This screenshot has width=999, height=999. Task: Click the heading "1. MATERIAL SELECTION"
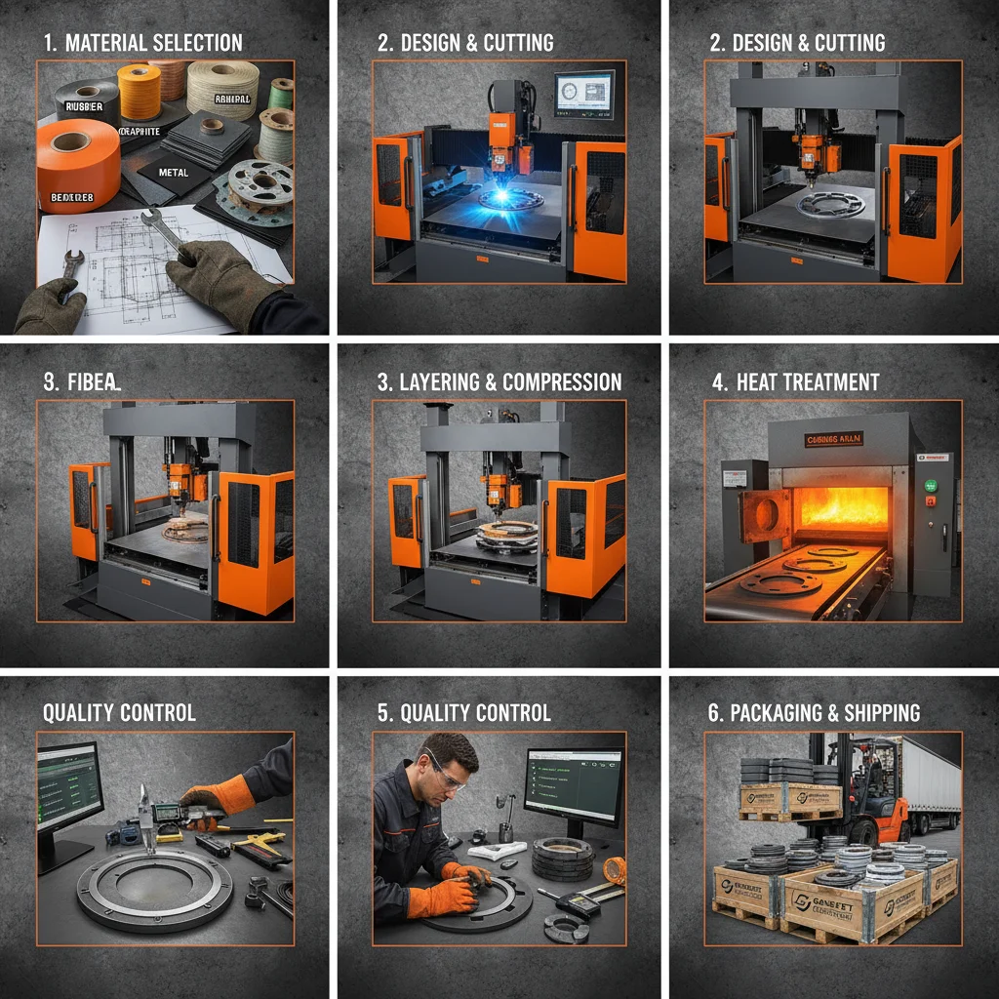coord(142,43)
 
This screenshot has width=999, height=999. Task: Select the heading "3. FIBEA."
coord(82,381)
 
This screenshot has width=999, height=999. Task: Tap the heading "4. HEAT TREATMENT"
coord(795,381)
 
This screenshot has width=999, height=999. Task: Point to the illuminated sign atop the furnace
coord(834,440)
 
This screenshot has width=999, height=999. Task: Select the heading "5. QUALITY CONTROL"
coord(463,713)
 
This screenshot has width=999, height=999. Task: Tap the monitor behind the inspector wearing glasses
coord(573,785)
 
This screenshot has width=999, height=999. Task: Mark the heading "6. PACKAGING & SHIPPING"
coord(814,713)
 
